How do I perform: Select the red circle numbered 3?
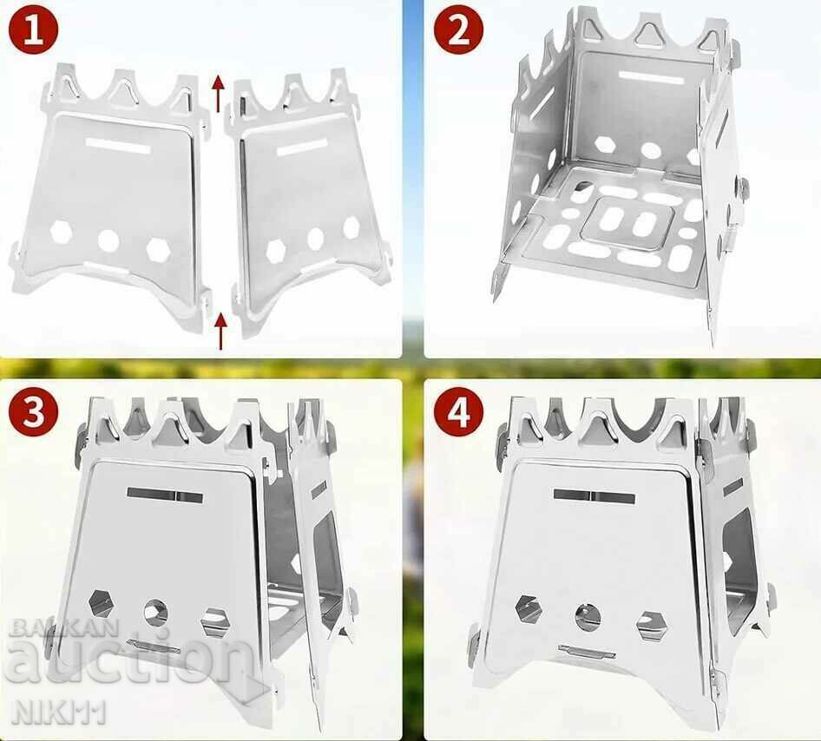(34, 413)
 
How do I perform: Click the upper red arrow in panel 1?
(218, 93)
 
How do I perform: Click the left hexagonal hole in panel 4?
(527, 607)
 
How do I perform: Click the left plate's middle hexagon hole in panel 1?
(109, 239)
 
